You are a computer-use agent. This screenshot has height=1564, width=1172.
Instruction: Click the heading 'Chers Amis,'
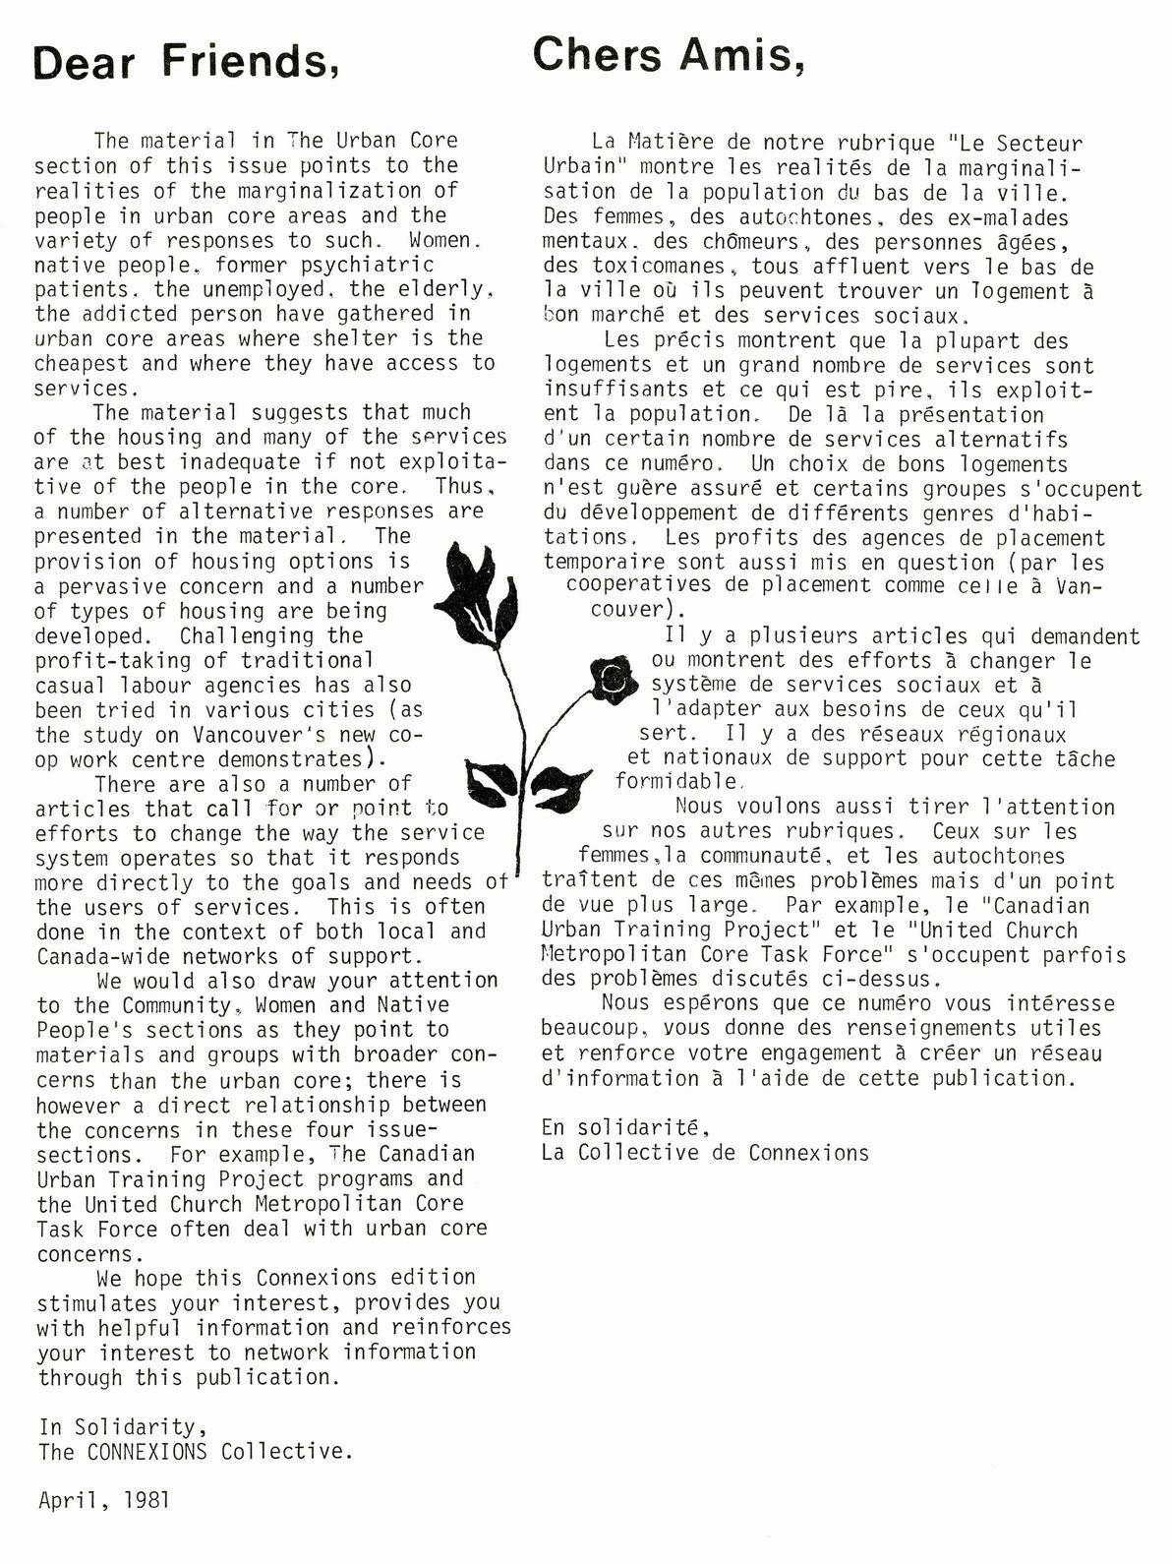pyautogui.click(x=669, y=55)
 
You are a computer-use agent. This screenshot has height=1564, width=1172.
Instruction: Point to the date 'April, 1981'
pyautogui.click(x=103, y=1500)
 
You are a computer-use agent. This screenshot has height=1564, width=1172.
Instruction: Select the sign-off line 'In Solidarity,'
pyautogui.click(x=123, y=1426)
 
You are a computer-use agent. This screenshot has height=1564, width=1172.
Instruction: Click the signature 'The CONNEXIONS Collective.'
pyautogui.click(x=195, y=1451)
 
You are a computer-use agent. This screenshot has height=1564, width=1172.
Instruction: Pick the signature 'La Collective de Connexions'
pyautogui.click(x=705, y=1152)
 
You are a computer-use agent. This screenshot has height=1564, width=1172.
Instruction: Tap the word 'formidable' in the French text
pyautogui.click(x=676, y=782)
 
